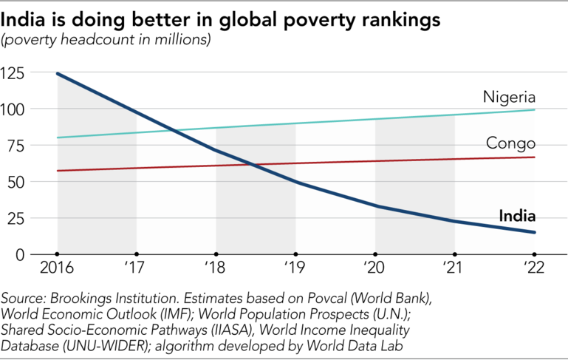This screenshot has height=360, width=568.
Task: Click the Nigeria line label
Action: pyautogui.click(x=509, y=98)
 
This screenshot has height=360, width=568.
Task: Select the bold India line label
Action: pyautogui.click(x=517, y=217)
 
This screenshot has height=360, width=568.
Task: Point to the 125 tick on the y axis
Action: pyautogui.click(x=14, y=73)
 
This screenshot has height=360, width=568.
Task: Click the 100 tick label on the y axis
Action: pyautogui.click(x=14, y=109)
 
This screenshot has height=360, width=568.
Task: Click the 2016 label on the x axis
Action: pyautogui.click(x=57, y=268)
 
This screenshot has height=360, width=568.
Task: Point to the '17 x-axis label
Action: pyautogui.click(x=137, y=268)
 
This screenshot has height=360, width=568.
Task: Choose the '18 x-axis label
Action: pyautogui.click(x=216, y=268)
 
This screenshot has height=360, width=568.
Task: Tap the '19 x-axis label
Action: pyautogui.click(x=295, y=268)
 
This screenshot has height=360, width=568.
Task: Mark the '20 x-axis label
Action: pyautogui.click(x=375, y=268)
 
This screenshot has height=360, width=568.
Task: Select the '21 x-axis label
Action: pyautogui.click(x=454, y=268)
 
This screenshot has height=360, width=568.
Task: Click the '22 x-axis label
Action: pyautogui.click(x=533, y=268)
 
